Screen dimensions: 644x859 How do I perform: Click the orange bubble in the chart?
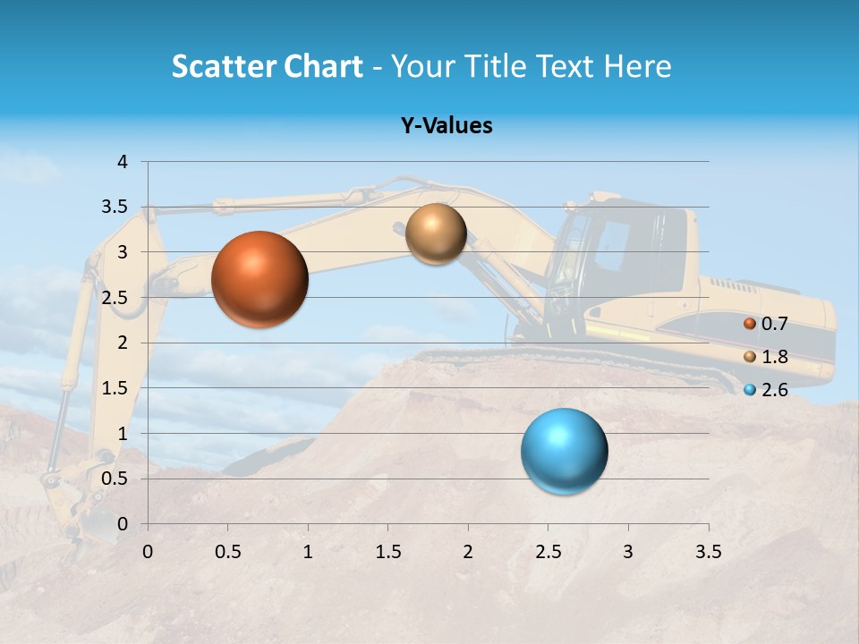point(259,279)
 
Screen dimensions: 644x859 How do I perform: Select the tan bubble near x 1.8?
point(436,233)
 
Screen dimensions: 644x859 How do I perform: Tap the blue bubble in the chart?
point(564,452)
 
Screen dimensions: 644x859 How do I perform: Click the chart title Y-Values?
point(446,126)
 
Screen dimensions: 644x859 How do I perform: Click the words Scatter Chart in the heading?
point(267,66)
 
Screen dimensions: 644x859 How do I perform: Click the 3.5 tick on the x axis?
point(708,552)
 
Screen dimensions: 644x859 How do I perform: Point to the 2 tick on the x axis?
point(468,552)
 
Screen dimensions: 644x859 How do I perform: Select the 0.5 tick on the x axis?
point(228,552)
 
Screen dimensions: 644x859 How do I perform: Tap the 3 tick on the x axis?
point(628,552)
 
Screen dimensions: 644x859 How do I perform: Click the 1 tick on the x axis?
point(308,552)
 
